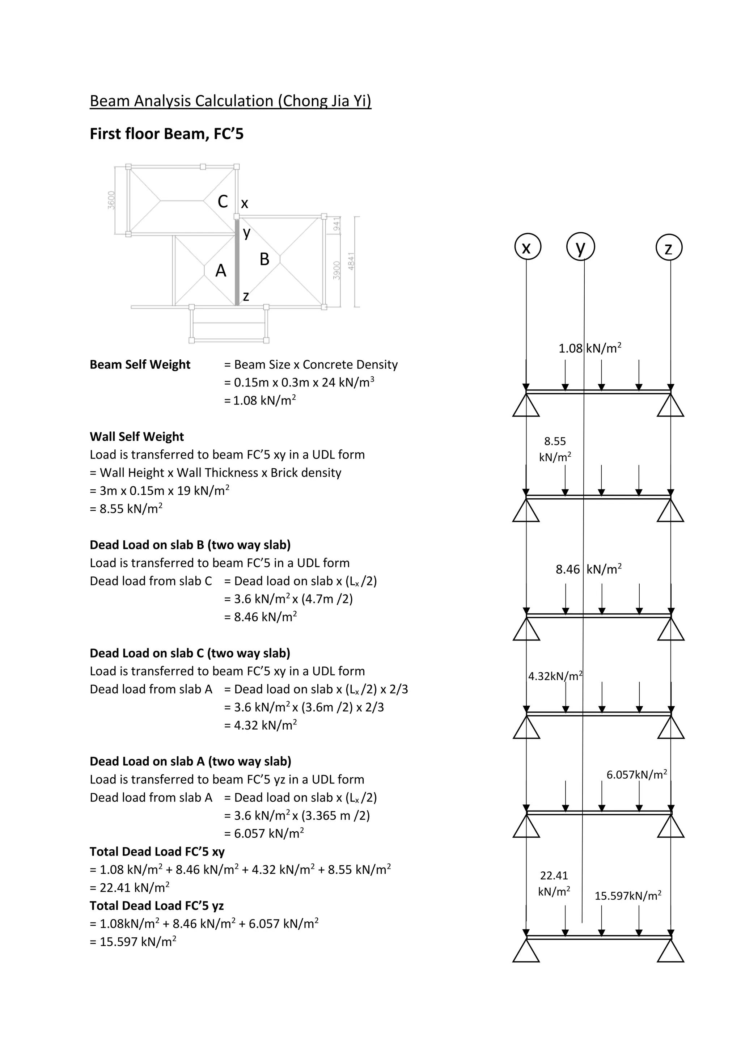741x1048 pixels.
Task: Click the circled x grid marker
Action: tap(527, 248)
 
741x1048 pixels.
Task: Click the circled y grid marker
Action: tap(580, 246)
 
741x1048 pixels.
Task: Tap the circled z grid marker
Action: tap(669, 248)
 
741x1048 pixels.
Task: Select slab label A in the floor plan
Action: tap(221, 271)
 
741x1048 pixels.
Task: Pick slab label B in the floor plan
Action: tap(264, 259)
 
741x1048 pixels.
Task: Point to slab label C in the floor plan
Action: tap(223, 201)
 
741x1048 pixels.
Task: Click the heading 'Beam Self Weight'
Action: tap(140, 365)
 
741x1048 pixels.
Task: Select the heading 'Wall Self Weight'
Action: tap(136, 437)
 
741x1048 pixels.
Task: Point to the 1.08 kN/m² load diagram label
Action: tap(590, 349)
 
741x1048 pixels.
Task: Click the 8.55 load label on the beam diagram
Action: tap(555, 441)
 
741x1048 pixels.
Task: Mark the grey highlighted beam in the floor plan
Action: tap(237, 262)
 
